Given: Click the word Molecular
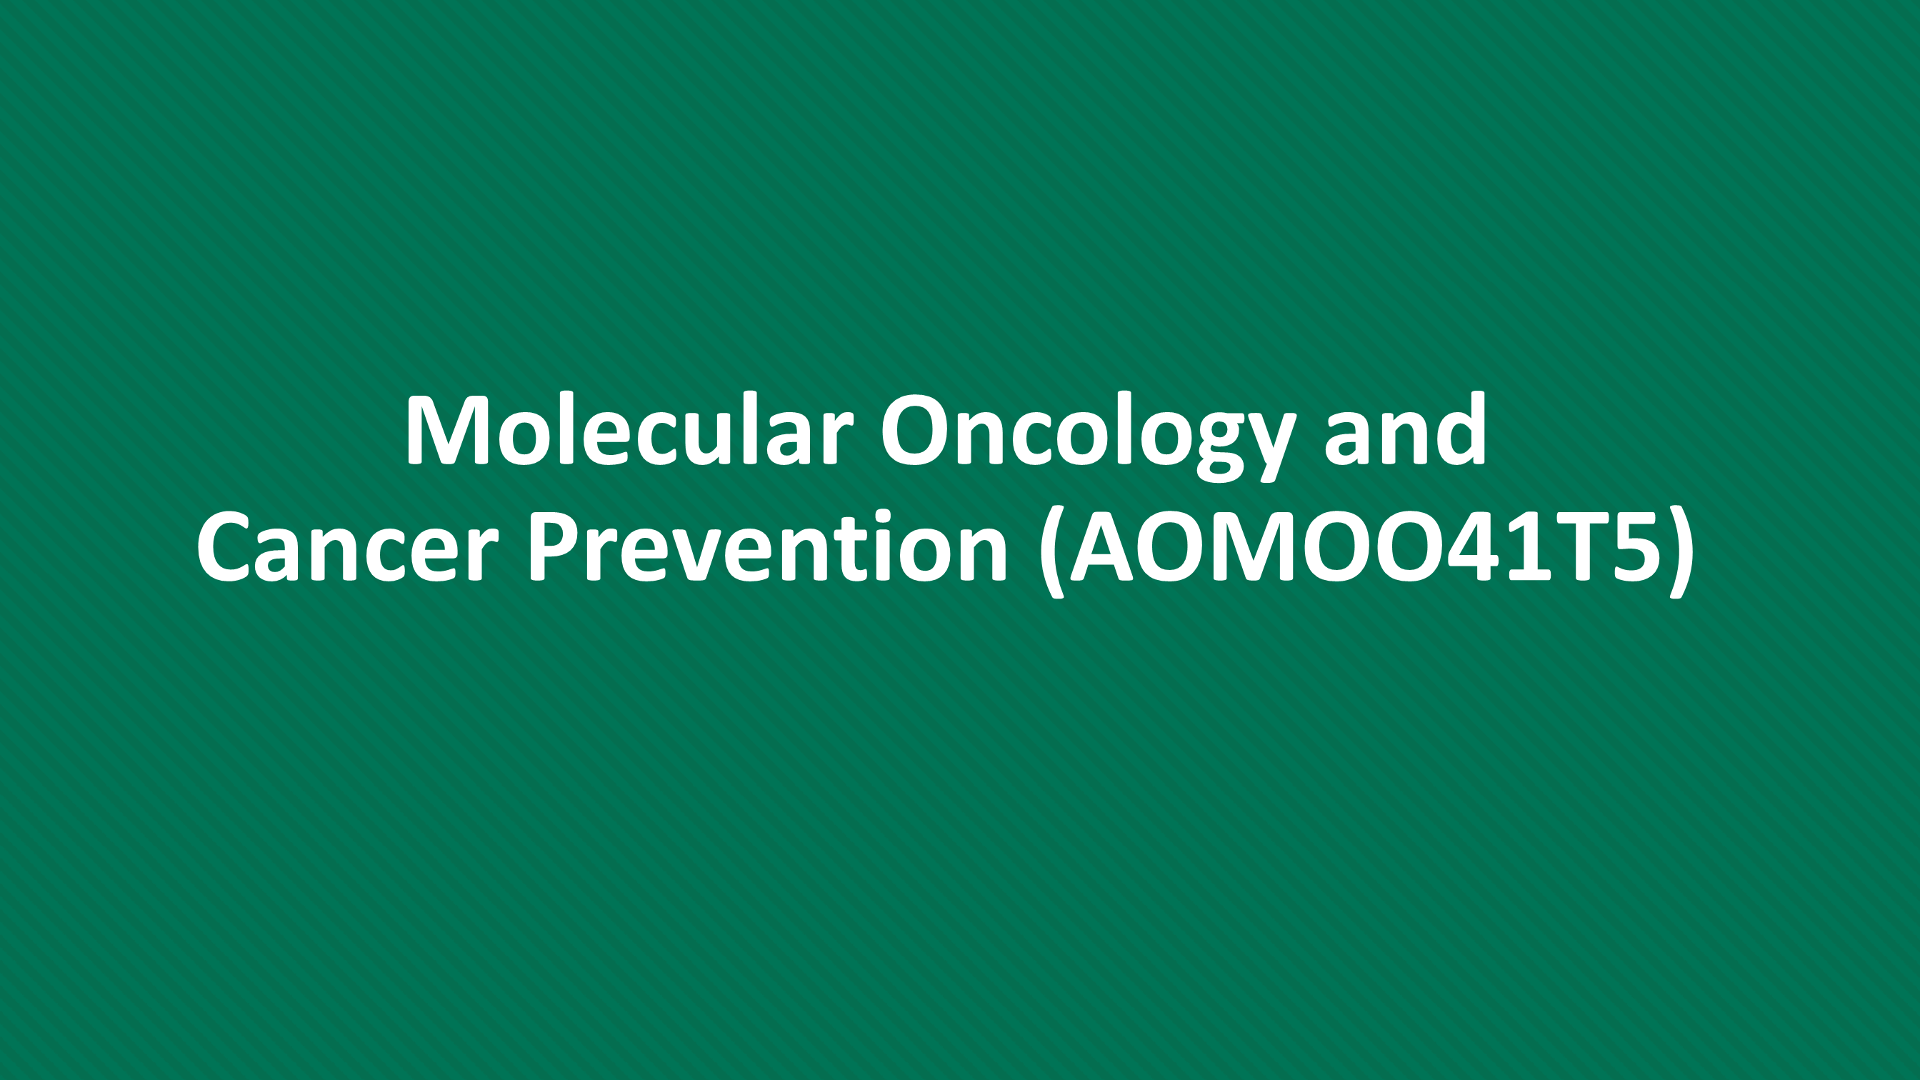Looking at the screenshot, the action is (629, 429).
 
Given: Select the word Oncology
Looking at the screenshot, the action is (1087, 436).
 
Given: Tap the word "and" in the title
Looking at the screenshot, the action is (1405, 429).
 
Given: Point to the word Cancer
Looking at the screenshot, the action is (346, 545).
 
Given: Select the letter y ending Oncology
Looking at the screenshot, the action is (1268, 447).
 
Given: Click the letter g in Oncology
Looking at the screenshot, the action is (1211, 447).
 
